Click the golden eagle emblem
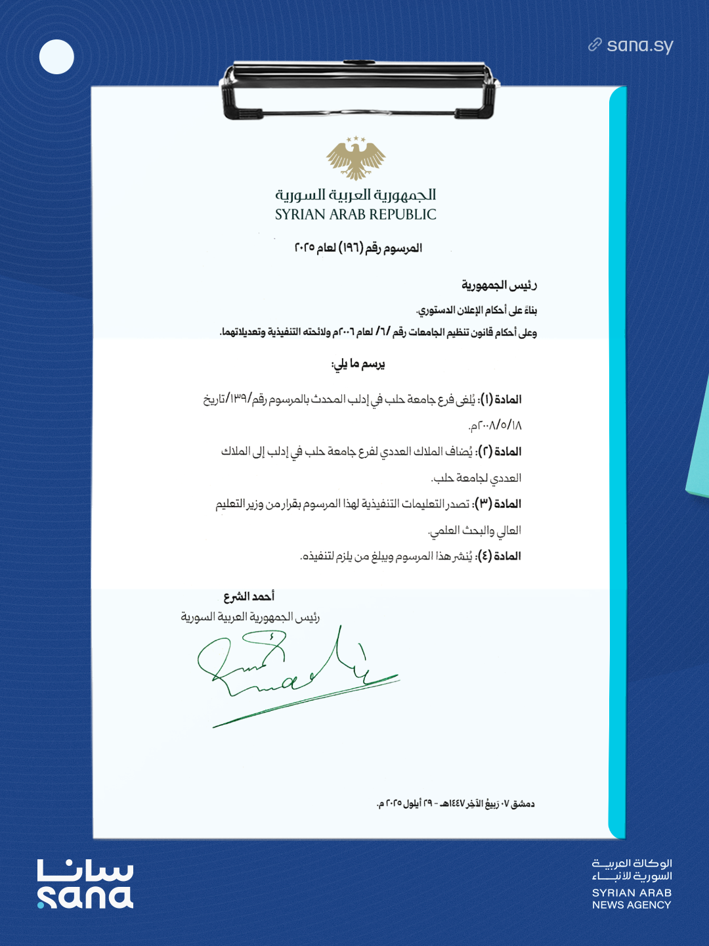pos(356,158)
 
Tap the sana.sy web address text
pos(640,45)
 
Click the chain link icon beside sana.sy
pos(595,45)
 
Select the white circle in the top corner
pos(56,57)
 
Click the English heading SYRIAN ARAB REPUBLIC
pos(355,215)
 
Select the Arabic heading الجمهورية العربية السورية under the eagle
pos(355,194)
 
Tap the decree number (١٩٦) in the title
pos(351,248)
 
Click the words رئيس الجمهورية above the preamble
pos(499,285)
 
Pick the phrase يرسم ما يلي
pos(358,364)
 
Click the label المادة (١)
pos(501,399)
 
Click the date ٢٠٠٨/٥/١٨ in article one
pos(496,426)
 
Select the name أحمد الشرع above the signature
pos(249,597)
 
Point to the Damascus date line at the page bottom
pos(456,803)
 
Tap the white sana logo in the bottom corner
pos(85,884)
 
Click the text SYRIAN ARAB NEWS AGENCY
pos(632,899)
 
